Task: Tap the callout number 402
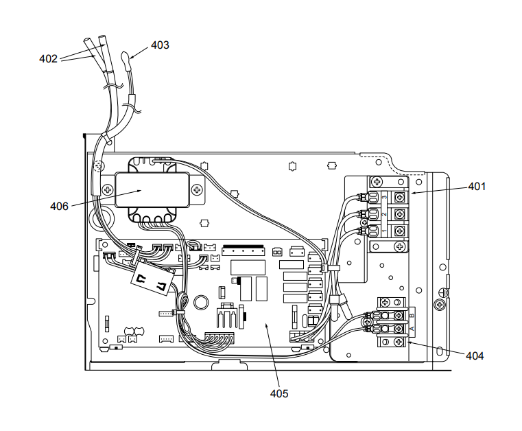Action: tap(48, 59)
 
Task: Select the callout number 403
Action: tap(160, 45)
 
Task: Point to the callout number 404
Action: tap(474, 356)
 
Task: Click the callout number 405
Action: tap(279, 393)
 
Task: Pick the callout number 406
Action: tap(60, 206)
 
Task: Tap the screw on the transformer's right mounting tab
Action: tap(197, 189)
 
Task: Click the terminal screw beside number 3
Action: tap(398, 197)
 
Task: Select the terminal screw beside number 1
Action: tap(398, 230)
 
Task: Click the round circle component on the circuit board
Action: tap(202, 301)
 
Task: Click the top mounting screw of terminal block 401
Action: tap(377, 182)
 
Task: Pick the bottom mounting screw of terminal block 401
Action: tap(377, 245)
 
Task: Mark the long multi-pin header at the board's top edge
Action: tap(244, 247)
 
